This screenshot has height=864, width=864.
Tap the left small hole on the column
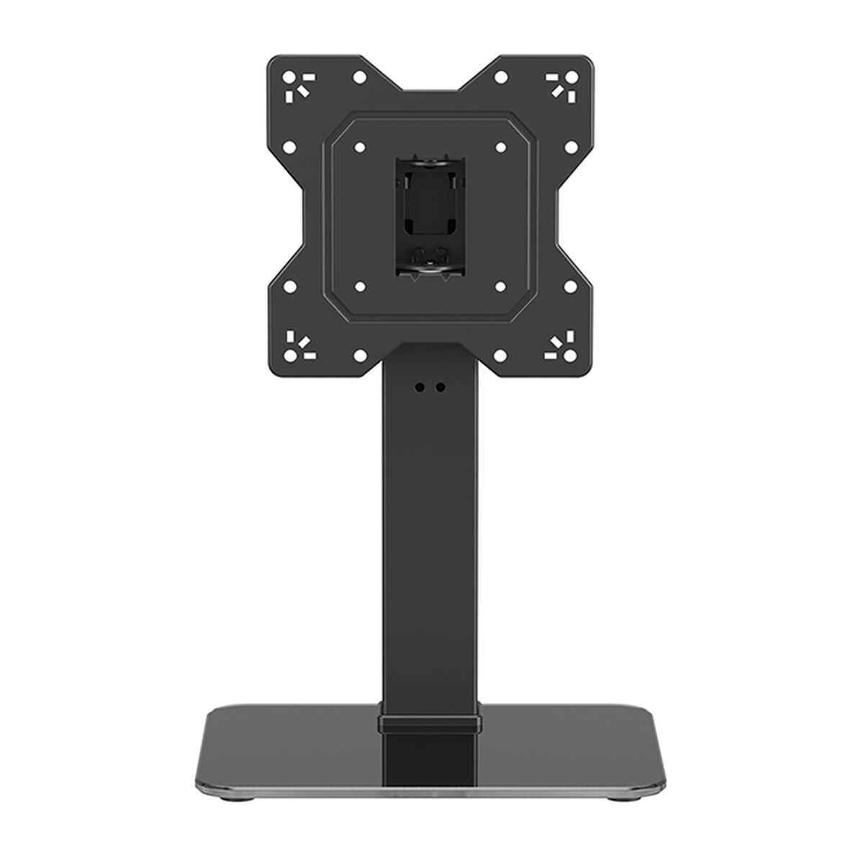click(418, 386)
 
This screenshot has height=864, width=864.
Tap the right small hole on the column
click(441, 386)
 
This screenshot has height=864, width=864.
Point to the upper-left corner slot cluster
click(294, 84)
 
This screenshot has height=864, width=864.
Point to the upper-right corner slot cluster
click(565, 84)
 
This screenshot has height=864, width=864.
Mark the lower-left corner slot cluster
click(294, 345)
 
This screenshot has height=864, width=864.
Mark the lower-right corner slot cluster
click(565, 345)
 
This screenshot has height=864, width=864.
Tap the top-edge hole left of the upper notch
click(358, 74)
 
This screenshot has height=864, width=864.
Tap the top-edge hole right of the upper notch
click(502, 74)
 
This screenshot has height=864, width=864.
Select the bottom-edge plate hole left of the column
click(358, 355)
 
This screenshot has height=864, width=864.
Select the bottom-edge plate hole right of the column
click(502, 355)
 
